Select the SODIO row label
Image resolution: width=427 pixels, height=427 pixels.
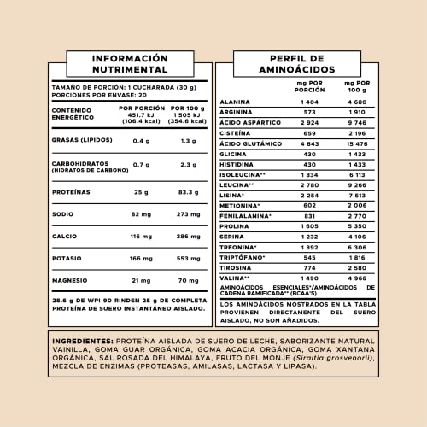63,213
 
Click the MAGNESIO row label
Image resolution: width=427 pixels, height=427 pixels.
71,280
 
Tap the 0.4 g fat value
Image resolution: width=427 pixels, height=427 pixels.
142,141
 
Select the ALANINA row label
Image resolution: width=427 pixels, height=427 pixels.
236,102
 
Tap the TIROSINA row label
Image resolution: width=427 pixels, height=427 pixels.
237,267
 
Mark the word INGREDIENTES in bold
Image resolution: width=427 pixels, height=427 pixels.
86,339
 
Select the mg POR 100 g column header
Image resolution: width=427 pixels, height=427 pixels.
357,87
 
